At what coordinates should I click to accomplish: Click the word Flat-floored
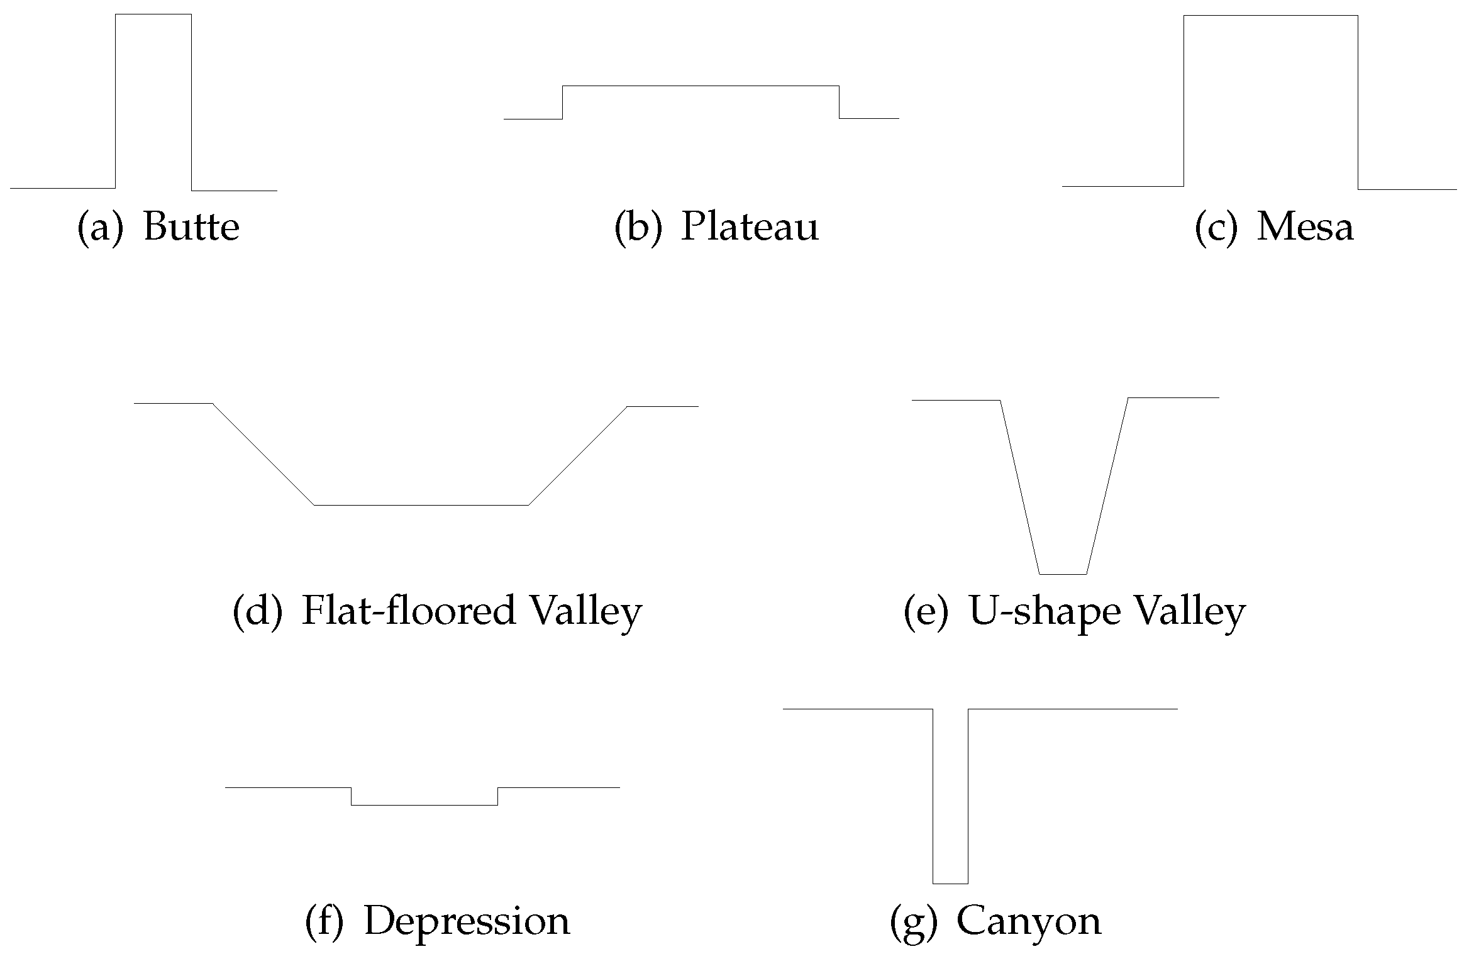(x=409, y=610)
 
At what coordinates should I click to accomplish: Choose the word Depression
(x=467, y=921)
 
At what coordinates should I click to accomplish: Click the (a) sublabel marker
(x=100, y=227)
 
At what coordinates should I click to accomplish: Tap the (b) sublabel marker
(x=638, y=227)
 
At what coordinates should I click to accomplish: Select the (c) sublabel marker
(x=1216, y=227)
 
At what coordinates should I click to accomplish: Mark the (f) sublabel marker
(x=324, y=922)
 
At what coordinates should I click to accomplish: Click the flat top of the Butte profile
(x=153, y=14)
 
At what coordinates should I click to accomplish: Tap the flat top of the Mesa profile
(x=1270, y=16)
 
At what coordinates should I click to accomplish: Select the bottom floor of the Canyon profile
(x=950, y=884)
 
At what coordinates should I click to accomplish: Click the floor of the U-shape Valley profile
(x=1063, y=574)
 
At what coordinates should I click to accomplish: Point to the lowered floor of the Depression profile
(x=424, y=805)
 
